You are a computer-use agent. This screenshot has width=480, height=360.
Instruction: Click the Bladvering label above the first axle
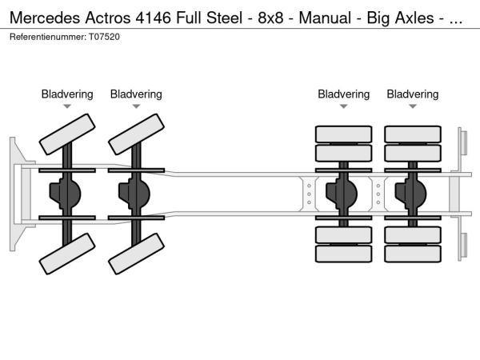click(x=67, y=94)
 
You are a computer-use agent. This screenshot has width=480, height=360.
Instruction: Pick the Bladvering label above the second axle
click(x=136, y=94)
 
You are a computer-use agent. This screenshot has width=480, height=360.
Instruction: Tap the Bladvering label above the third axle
click(x=343, y=94)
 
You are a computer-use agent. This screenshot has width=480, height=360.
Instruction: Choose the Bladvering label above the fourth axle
click(x=413, y=94)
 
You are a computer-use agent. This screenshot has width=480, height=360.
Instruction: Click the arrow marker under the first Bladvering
click(x=67, y=106)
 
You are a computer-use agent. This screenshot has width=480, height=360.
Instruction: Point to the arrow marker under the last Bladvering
click(x=413, y=106)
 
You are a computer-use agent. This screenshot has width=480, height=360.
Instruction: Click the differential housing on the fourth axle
click(x=411, y=193)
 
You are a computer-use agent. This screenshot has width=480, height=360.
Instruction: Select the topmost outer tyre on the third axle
click(x=343, y=134)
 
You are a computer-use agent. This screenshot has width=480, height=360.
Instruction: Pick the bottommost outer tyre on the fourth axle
click(x=413, y=254)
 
